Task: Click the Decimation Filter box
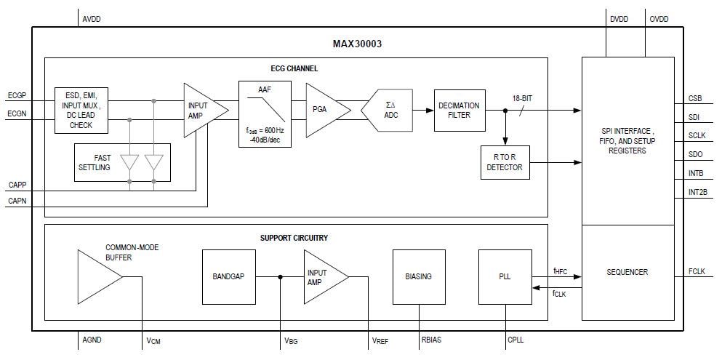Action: pyautogui.click(x=459, y=110)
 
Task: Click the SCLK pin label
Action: pyautogui.click(x=697, y=136)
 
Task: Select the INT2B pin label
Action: pyautogui.click(x=697, y=193)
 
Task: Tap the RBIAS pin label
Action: pyautogui.click(x=432, y=339)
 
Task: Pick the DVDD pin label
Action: pyautogui.click(x=619, y=20)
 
